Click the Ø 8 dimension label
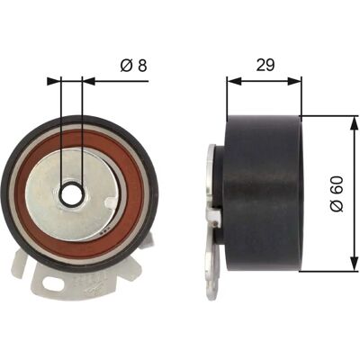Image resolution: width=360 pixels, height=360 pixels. coord(133,65)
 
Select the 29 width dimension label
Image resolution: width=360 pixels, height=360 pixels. coord(265,65)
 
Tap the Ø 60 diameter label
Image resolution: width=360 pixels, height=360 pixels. coord(337,193)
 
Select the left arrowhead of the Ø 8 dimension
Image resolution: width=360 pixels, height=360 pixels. coord(54,81)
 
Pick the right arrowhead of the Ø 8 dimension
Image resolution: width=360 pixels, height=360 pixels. coord(88,81)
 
